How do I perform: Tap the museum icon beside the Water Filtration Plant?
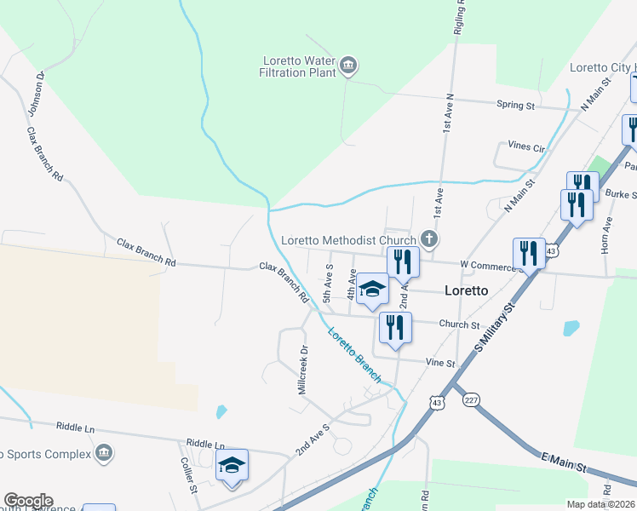tap(347, 65)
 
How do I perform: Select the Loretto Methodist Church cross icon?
tap(430, 240)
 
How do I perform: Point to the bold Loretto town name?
tap(467, 290)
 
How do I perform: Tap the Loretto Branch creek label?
tap(352, 354)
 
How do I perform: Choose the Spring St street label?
tap(515, 106)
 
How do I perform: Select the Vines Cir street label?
tap(526, 146)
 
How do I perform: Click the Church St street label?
tap(460, 324)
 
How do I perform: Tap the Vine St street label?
tap(441, 364)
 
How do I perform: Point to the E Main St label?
tap(565, 463)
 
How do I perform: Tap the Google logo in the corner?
tap(27, 501)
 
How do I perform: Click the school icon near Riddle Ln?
tap(232, 466)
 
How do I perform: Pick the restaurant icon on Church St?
tap(395, 327)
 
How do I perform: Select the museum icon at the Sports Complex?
tap(104, 451)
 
